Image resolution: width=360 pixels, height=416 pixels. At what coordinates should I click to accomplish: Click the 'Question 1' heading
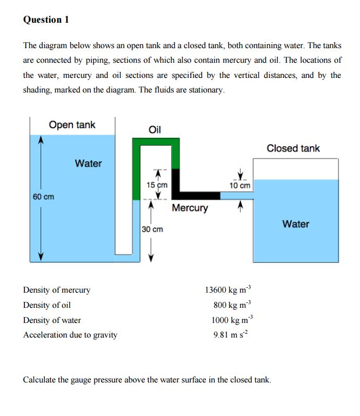[x=46, y=19]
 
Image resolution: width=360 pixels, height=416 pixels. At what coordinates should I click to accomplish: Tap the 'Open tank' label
[x=72, y=125]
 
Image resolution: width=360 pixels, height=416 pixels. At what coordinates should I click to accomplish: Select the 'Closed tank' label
[x=293, y=148]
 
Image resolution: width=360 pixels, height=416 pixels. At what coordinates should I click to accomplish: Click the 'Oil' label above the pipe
[x=155, y=130]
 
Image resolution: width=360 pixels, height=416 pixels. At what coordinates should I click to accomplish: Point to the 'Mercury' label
[x=190, y=208]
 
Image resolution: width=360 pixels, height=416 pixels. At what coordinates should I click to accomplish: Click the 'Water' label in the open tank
[x=88, y=163]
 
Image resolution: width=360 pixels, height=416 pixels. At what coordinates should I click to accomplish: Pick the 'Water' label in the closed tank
[x=296, y=224]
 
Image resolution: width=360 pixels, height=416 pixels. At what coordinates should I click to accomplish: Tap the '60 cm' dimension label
[x=43, y=196]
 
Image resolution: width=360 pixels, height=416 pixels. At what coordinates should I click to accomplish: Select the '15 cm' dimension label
[x=157, y=185]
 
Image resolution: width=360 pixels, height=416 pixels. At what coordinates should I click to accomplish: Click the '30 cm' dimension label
[x=152, y=229]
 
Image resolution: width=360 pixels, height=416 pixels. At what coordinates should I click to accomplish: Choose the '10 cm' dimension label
[x=240, y=186]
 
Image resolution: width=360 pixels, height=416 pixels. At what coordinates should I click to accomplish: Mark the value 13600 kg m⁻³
[x=228, y=290]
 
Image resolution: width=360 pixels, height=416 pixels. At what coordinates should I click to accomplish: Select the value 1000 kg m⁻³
[x=230, y=320]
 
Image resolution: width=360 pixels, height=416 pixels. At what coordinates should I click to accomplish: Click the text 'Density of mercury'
[x=57, y=290]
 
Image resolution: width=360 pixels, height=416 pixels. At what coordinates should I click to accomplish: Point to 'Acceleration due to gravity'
[x=70, y=335]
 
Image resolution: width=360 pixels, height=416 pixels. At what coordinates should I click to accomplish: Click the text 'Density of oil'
[x=47, y=305]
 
